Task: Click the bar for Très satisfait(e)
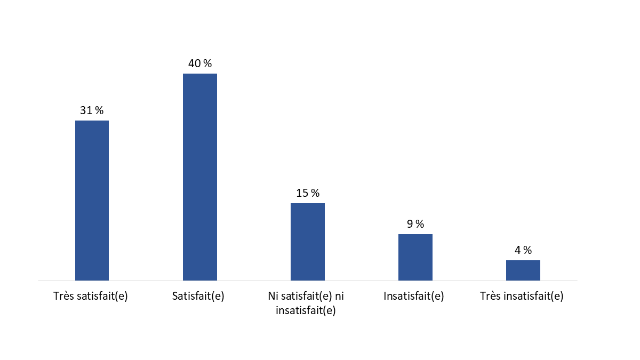tap(92, 200)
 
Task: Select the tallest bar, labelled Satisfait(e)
tap(200, 177)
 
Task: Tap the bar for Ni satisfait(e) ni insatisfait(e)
tap(308, 242)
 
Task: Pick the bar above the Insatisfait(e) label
tap(415, 257)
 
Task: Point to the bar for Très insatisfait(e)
tap(523, 270)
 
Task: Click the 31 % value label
tap(92, 110)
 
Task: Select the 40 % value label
tap(200, 63)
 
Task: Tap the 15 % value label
tap(308, 193)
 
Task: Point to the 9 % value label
tap(415, 224)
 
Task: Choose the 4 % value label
tap(523, 250)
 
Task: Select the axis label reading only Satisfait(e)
tap(198, 297)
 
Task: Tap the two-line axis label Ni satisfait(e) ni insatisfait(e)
tap(306, 304)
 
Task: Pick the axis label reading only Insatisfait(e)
tap(414, 297)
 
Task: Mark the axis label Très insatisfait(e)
tap(522, 297)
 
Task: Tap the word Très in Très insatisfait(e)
tap(490, 297)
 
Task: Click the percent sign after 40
tap(208, 63)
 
